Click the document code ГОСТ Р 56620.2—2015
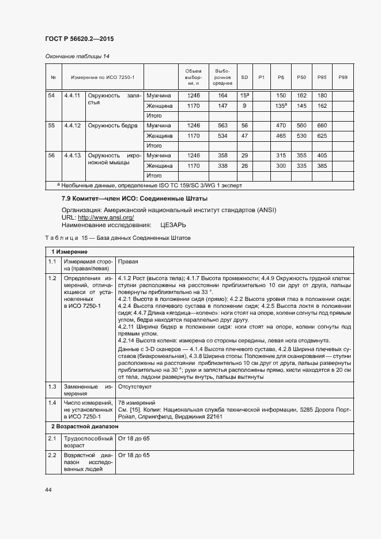[x=79, y=39]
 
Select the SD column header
[x=244, y=77]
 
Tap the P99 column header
[x=342, y=77]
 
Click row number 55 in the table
[x=52, y=125]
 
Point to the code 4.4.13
[x=73, y=155]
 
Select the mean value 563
[x=222, y=125]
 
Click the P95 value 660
[x=322, y=125]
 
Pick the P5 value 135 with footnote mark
[x=281, y=106]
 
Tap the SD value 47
[x=244, y=136]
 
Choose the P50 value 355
[x=301, y=155]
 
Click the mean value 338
[x=222, y=166]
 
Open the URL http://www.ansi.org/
[x=97, y=217]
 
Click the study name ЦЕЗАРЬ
[x=173, y=225]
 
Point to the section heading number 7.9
[x=66, y=198]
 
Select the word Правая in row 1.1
[x=128, y=261]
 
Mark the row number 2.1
[x=52, y=439]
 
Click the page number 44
[x=48, y=489]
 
